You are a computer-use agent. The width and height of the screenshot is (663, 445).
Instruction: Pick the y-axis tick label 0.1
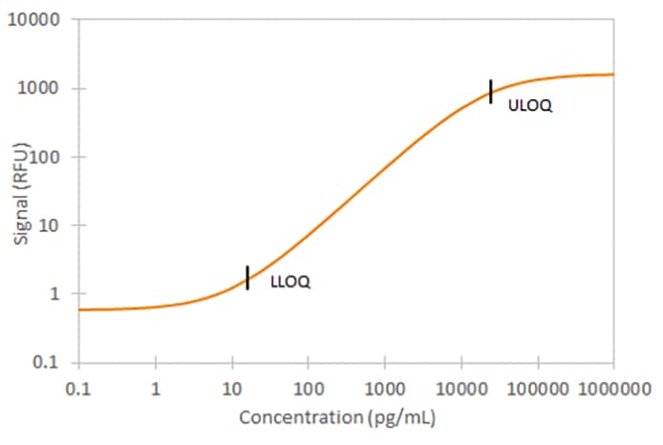[51, 363]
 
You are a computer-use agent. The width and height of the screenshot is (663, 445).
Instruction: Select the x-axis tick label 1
[155, 389]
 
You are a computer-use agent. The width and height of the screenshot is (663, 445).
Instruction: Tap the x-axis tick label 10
[231, 389]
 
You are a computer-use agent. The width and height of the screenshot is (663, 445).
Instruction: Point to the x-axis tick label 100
[308, 389]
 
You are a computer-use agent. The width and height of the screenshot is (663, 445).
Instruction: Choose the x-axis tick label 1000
[384, 389]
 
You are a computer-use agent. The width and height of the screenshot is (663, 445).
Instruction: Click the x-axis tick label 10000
[460, 389]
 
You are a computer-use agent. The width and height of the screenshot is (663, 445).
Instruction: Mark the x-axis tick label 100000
[536, 389]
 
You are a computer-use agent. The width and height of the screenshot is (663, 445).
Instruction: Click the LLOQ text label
[290, 283]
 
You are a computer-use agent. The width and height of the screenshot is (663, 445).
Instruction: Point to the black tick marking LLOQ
[247, 277]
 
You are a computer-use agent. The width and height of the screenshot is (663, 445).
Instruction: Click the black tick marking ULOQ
[491, 91]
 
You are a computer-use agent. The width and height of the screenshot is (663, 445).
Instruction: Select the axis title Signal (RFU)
[21, 192]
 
